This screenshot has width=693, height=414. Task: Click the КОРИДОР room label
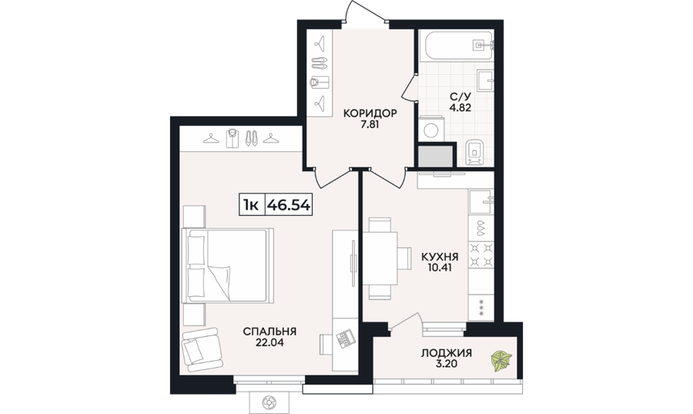tap(370, 113)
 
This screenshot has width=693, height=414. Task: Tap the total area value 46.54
tap(289, 205)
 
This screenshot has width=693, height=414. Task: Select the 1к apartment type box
tap(252, 205)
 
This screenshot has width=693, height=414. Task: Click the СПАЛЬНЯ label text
tap(269, 332)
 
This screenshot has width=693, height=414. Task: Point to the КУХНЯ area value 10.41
tap(440, 268)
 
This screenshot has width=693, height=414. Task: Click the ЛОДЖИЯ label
tap(447, 353)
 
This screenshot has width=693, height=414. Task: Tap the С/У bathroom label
tap(460, 96)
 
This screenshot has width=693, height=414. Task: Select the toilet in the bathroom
tap(474, 153)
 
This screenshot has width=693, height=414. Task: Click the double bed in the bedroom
tap(228, 265)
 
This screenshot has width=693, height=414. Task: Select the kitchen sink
tap(481, 202)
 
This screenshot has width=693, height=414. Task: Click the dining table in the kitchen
tap(380, 257)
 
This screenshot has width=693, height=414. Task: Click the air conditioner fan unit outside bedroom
tap(269, 402)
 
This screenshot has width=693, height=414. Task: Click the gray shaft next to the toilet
tap(436, 157)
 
